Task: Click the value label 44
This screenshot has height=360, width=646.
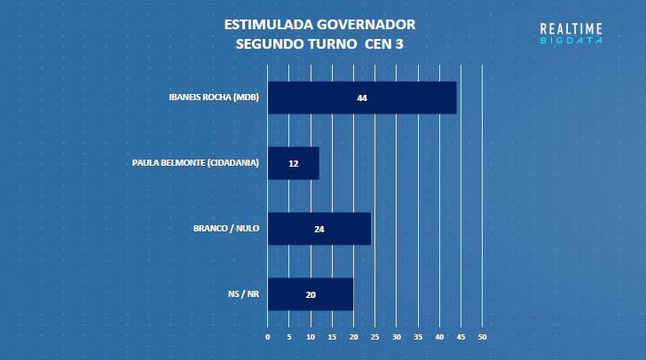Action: coord(362,98)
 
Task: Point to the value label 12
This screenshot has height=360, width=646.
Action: coord(294,163)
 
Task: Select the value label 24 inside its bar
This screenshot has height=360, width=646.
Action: coord(319,229)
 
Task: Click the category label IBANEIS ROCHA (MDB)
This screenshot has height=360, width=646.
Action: coord(214,98)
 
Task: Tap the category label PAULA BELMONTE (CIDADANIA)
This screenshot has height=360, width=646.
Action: coord(195,163)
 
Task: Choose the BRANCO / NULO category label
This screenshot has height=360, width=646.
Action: coord(226,229)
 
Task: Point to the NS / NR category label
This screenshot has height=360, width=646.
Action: coord(243,294)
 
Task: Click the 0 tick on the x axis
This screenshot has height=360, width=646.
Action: coord(267,338)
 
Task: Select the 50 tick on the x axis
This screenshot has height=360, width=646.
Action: coord(483,338)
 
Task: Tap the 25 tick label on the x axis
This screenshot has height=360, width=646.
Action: coord(375,338)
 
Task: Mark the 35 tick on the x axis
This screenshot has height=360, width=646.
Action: coord(418,338)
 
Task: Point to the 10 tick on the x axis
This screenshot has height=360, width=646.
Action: coord(311,338)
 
